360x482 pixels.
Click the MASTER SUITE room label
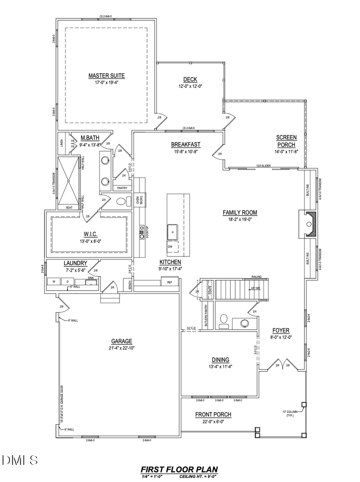pyautogui.click(x=106, y=76)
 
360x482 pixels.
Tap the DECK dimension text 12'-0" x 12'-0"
pyautogui.click(x=190, y=86)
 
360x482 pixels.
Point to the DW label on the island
pyautogui.click(x=170, y=247)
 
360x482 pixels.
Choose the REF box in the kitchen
pyautogui.click(x=169, y=282)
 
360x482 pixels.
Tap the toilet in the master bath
pyautogui.click(x=122, y=201)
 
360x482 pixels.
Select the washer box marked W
pyautogui.click(x=53, y=282)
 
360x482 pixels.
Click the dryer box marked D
pyautogui.click(x=67, y=282)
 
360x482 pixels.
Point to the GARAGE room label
pyautogui.click(x=122, y=341)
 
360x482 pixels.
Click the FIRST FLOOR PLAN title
pyautogui.click(x=179, y=469)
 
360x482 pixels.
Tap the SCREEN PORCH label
pyautogui.click(x=286, y=141)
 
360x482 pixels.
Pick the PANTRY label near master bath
pyautogui.click(x=122, y=188)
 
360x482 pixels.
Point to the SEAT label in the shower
pyautogui.click(x=69, y=208)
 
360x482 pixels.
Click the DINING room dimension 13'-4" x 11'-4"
pyautogui.click(x=220, y=366)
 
